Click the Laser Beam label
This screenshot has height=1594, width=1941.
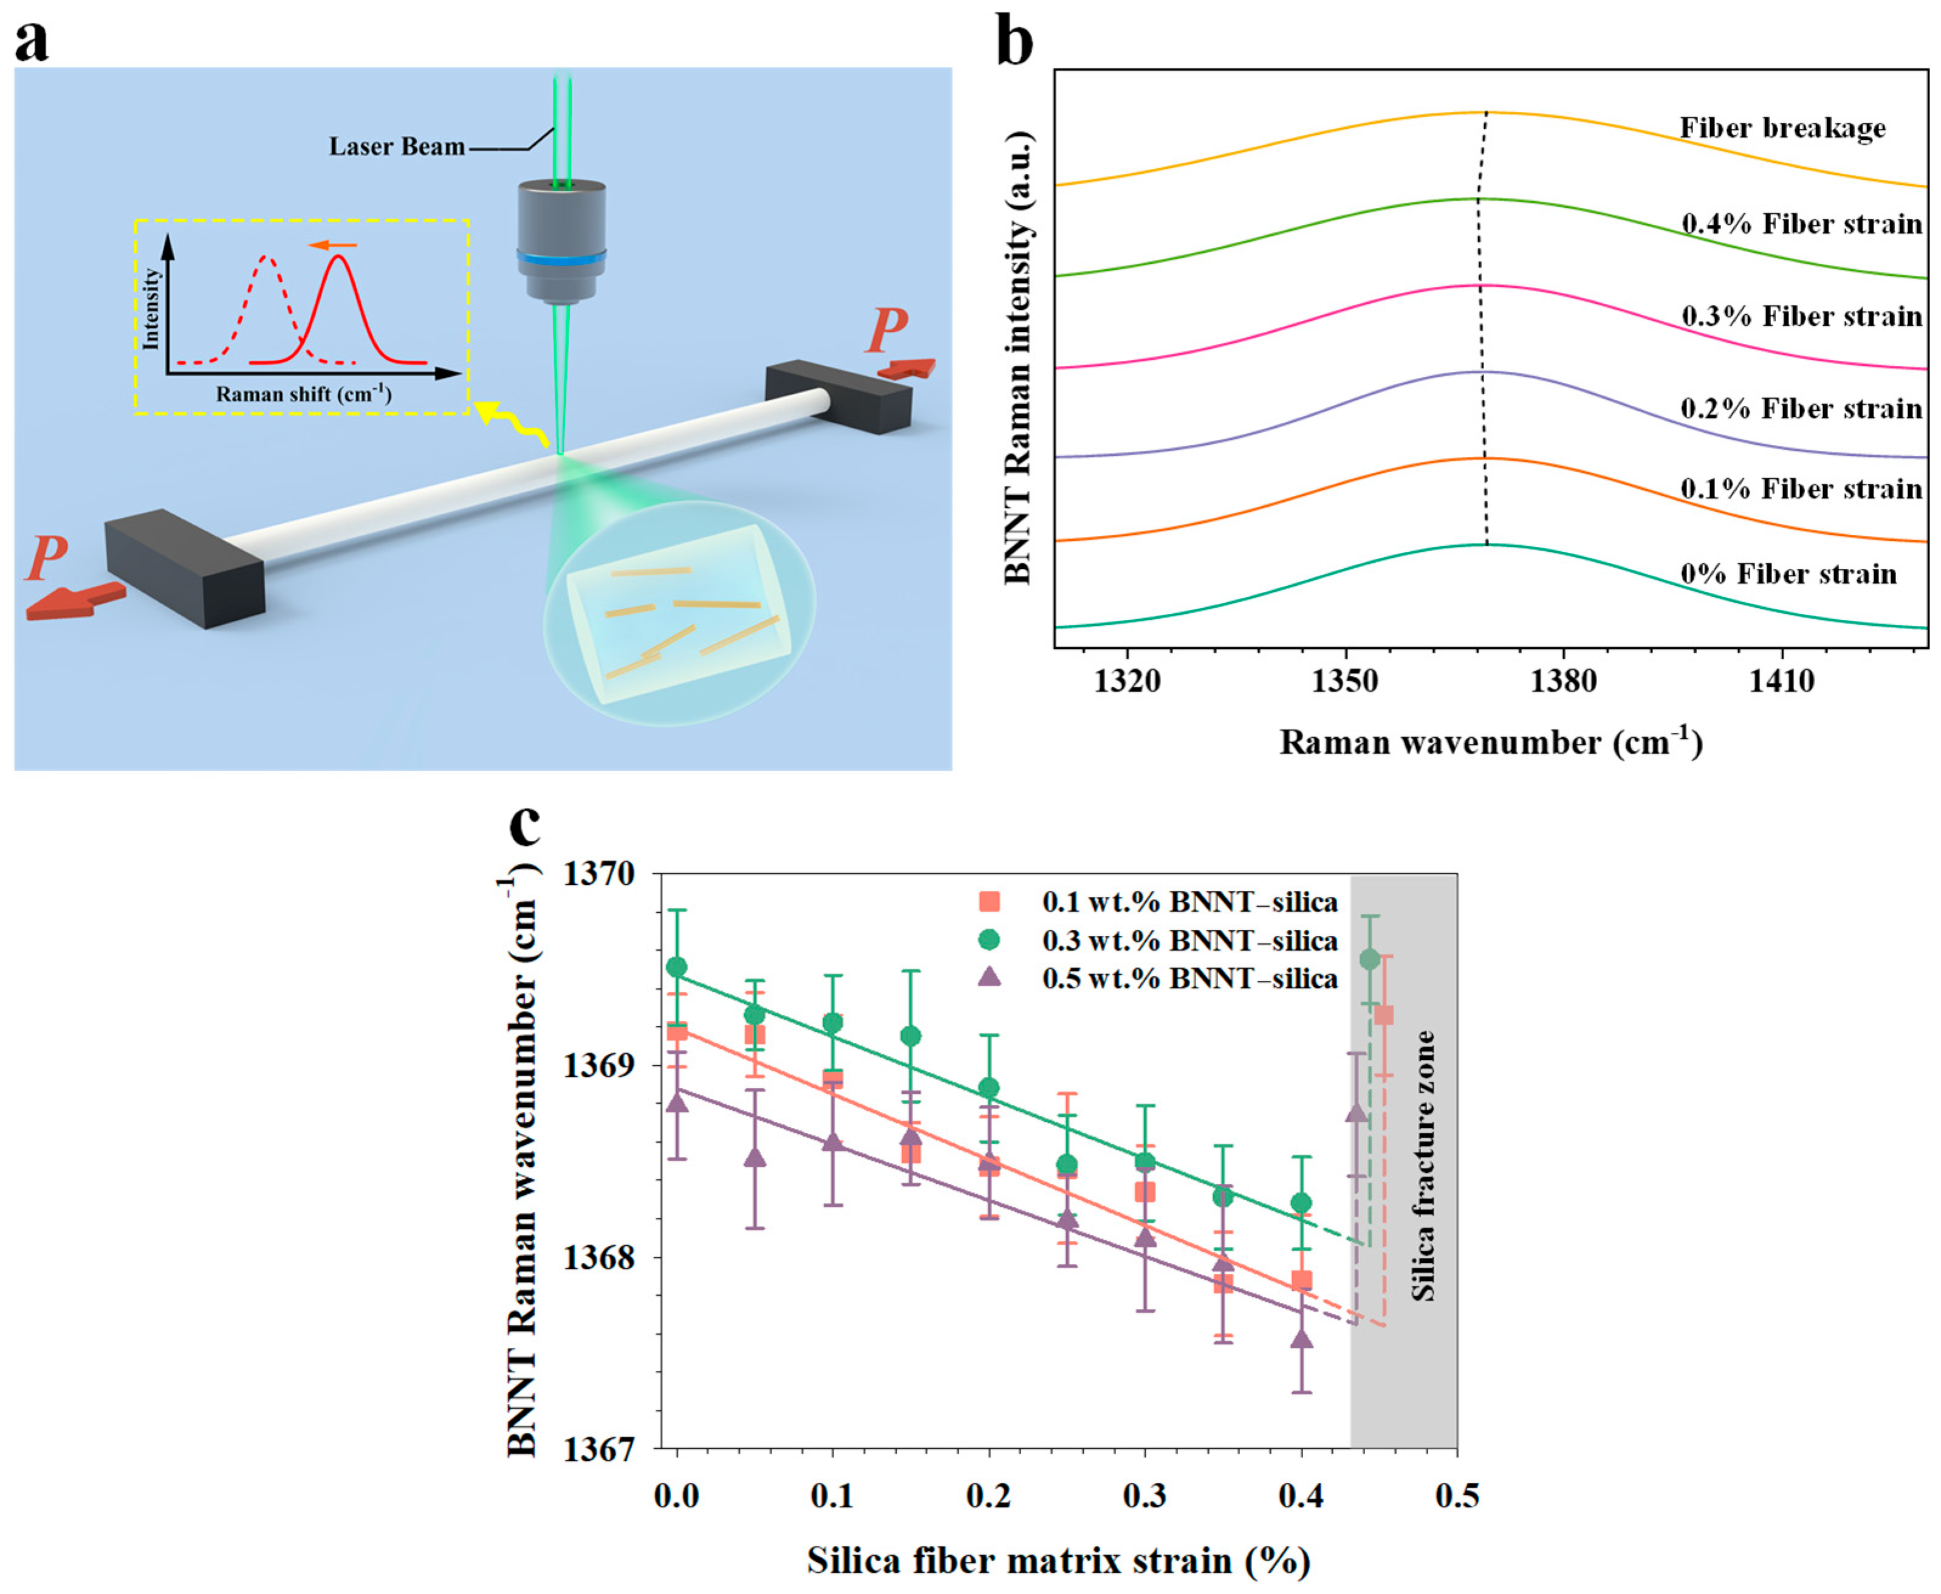tap(397, 147)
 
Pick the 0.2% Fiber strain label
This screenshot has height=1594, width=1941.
tap(1801, 408)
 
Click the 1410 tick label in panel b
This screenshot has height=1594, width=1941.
tap(1781, 681)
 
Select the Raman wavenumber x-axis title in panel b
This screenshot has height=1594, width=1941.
tap(1490, 742)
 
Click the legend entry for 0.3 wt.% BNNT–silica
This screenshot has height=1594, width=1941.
tap(1190, 940)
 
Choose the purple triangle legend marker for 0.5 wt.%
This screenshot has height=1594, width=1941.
tap(989, 978)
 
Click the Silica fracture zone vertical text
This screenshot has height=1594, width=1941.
tap(1422, 1166)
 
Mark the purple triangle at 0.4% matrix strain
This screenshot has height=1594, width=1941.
tap(1301, 1339)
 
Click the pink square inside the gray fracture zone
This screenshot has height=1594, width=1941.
tap(1384, 1015)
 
